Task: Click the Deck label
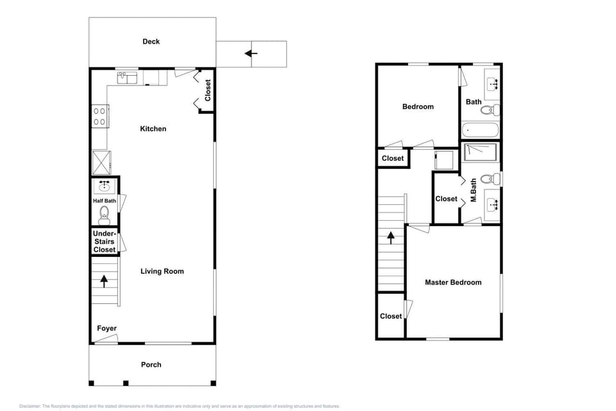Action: [x=151, y=41]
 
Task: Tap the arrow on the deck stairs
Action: [x=251, y=53]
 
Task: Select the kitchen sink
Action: [x=127, y=78]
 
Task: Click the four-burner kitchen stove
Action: [x=100, y=116]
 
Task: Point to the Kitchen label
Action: [x=153, y=128]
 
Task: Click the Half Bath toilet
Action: [x=104, y=214]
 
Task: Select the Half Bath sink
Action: [x=104, y=186]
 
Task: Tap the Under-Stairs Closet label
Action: [x=105, y=241]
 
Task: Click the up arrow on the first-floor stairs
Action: [x=104, y=281]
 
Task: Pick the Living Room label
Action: [x=162, y=271]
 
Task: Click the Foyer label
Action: [x=107, y=328]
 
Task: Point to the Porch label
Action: [x=151, y=365]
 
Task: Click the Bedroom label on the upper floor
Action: [x=418, y=107]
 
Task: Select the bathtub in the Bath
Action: [x=480, y=129]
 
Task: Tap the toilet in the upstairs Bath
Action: [x=490, y=110]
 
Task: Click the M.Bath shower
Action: [x=481, y=153]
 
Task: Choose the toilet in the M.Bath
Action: [x=490, y=179]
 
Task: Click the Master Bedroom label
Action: [x=453, y=282]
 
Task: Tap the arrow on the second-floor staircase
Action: [x=391, y=238]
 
